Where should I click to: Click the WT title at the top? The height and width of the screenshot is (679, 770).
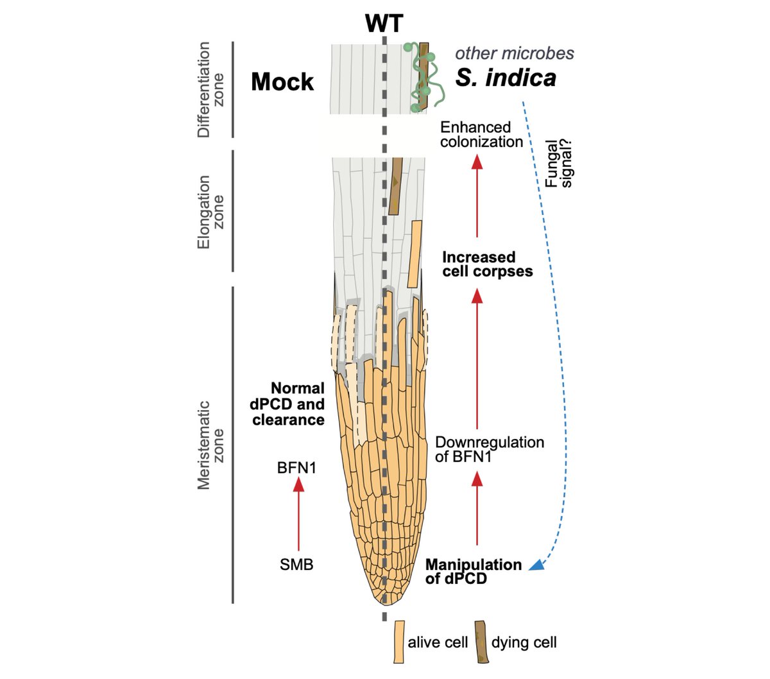click(384, 24)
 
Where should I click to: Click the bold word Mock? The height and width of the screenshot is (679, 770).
click(282, 82)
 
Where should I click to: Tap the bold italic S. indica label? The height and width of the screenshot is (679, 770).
click(506, 78)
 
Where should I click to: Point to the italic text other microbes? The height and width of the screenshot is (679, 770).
click(515, 53)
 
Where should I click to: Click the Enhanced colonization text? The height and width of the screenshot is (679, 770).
click(481, 134)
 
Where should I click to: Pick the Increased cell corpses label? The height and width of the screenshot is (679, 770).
click(487, 264)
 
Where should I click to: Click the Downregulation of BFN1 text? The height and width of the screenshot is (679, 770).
click(489, 449)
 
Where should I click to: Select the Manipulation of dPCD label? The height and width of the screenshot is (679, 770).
click(474, 571)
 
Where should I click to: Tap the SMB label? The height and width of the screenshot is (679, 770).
click(296, 565)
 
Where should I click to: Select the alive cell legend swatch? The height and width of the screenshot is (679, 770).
click(398, 641)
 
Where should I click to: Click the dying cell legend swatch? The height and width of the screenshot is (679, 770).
click(481, 641)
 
